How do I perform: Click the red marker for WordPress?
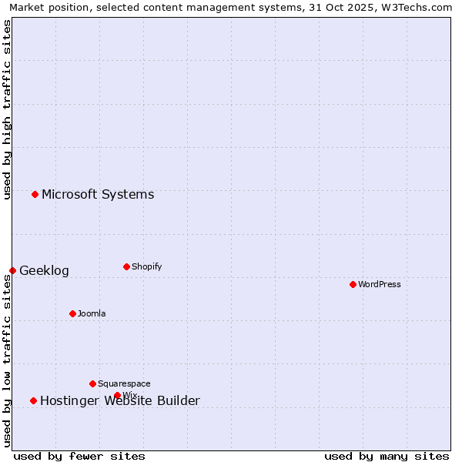click(x=353, y=284)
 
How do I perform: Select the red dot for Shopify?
click(x=126, y=266)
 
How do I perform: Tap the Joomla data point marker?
click(x=72, y=313)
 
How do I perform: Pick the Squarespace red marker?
click(x=92, y=383)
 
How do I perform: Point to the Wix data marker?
click(x=117, y=395)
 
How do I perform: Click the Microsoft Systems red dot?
click(x=35, y=194)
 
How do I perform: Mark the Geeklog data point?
click(x=12, y=270)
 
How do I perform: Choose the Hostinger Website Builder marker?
click(x=33, y=400)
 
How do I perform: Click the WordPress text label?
click(x=380, y=284)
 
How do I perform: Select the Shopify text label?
click(x=146, y=266)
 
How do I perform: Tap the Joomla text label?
click(x=92, y=313)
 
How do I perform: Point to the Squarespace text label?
click(x=124, y=383)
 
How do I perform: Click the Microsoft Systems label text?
click(x=98, y=194)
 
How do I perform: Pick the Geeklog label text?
click(x=44, y=270)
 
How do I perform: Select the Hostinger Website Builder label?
click(x=120, y=400)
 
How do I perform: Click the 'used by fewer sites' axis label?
click(x=79, y=456)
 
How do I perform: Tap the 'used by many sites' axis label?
click(x=387, y=456)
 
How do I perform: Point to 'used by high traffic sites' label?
click(x=7, y=109)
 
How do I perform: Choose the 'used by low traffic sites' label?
click(x=7, y=360)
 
